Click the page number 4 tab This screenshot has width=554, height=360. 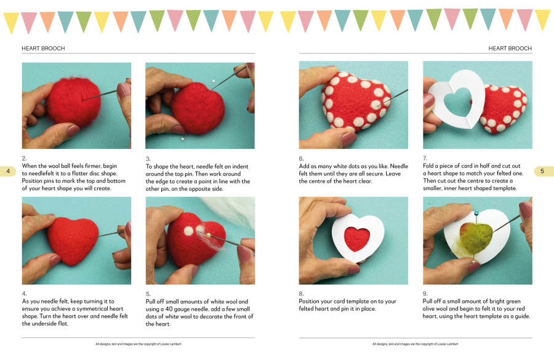pyautogui.click(x=8, y=171)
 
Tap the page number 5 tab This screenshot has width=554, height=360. pyautogui.click(x=543, y=171)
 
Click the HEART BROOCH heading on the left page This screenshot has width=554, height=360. pyautogui.click(x=43, y=49)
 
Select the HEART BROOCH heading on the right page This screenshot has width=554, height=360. pyautogui.click(x=510, y=49)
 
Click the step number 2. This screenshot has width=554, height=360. pyautogui.click(x=24, y=158)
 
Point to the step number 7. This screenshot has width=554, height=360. pyautogui.click(x=425, y=158)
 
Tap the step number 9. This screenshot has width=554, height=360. pyautogui.click(x=425, y=294)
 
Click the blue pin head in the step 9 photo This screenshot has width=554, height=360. pyautogui.click(x=476, y=214)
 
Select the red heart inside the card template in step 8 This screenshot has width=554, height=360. pyautogui.click(x=357, y=239)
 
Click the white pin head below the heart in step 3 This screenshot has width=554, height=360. pyautogui.click(x=183, y=139)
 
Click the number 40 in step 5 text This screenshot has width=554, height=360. pyautogui.click(x=169, y=309)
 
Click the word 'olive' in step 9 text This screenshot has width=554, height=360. pyautogui.click(x=430, y=309)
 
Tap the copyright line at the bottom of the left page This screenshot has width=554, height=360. pyautogui.click(x=138, y=344)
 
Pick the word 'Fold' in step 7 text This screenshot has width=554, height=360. pyautogui.click(x=428, y=166)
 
